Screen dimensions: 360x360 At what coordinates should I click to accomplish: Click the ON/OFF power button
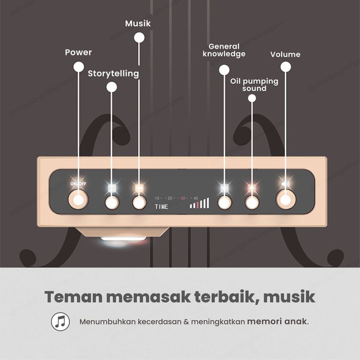tap(78, 201)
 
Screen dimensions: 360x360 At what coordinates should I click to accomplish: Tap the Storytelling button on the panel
tap(112, 202)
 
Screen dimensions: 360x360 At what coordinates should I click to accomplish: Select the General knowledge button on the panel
tap(225, 202)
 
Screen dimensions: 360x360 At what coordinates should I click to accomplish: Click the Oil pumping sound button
tap(252, 202)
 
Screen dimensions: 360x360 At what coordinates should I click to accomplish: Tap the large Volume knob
tap(285, 200)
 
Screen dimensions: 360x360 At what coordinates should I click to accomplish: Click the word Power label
tap(78, 53)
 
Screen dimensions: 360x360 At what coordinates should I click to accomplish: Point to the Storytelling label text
tap(113, 73)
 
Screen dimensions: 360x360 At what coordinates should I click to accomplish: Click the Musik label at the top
tap(138, 23)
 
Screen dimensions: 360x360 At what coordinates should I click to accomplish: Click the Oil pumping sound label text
tap(254, 84)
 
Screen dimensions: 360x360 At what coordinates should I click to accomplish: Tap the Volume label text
tap(285, 54)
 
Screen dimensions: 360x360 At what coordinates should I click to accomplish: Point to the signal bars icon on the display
tap(199, 203)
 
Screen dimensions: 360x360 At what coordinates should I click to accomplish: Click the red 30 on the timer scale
tap(182, 198)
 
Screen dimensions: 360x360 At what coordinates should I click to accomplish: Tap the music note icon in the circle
tap(60, 321)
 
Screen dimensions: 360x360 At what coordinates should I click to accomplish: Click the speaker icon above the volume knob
tap(286, 184)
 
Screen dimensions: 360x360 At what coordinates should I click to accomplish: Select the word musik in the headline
tap(289, 297)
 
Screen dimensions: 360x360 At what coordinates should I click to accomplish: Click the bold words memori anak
tap(277, 321)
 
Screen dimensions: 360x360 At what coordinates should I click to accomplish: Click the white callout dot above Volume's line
tap(285, 66)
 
